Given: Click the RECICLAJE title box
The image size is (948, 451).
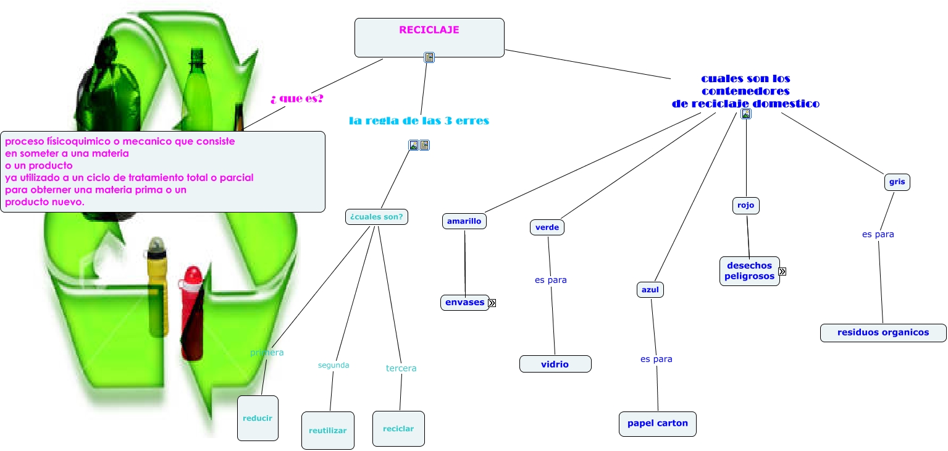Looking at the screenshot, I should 429,38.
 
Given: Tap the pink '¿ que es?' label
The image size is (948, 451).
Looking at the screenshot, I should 297,99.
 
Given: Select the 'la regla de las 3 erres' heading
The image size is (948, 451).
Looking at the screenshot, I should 419,120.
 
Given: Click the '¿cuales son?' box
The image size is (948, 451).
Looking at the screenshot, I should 377,217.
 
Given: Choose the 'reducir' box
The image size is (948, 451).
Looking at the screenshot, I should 258,418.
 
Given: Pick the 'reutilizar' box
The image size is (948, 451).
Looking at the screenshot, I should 327,431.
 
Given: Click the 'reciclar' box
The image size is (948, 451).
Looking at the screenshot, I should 398,429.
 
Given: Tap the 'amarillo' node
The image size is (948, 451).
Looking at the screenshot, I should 464,221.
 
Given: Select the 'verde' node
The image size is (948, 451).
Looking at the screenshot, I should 547,227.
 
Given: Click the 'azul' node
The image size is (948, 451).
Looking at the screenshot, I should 650,290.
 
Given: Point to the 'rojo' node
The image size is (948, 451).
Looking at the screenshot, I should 745,206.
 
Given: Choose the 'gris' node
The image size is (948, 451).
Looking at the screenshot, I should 897,182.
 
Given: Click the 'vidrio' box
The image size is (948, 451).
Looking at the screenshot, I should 555,365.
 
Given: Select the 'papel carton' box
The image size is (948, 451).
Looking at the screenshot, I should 657,424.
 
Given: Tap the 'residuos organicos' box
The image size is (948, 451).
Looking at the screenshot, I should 883,332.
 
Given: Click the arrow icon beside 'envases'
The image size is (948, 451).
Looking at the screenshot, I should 492,303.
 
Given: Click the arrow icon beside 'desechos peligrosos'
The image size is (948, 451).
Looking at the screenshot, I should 782,271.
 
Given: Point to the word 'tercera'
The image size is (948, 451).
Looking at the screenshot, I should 401,368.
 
